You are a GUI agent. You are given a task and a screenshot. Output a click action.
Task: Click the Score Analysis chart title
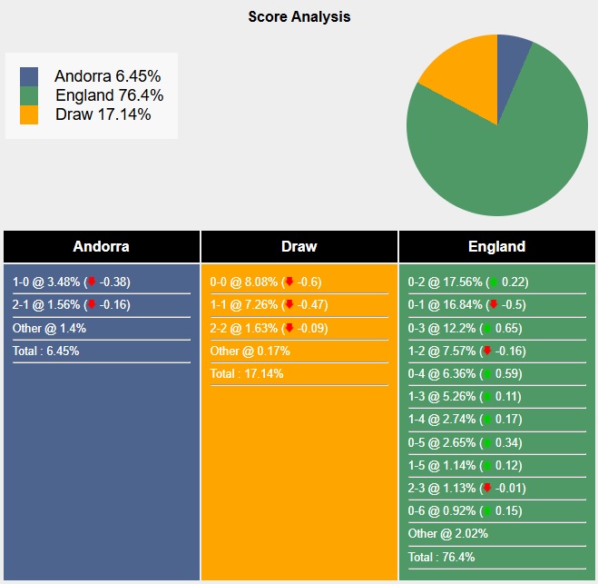(299, 16)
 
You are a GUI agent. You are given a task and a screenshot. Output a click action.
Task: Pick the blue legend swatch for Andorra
(29, 77)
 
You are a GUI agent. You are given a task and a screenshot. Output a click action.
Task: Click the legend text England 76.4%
(109, 95)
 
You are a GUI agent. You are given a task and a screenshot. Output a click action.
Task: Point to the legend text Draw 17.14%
(103, 114)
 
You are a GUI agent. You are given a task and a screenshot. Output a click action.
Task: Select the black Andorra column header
(101, 246)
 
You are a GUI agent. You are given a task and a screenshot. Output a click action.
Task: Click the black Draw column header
(299, 246)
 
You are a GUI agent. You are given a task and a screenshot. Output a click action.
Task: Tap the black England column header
(496, 246)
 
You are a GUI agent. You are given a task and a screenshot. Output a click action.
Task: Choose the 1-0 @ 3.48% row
(71, 282)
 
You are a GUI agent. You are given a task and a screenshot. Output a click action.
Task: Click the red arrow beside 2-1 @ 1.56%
(92, 305)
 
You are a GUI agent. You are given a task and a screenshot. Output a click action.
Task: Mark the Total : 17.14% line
(247, 373)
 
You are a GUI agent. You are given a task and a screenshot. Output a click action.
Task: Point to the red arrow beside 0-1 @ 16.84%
(492, 305)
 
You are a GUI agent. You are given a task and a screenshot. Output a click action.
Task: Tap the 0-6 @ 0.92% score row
(465, 510)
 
